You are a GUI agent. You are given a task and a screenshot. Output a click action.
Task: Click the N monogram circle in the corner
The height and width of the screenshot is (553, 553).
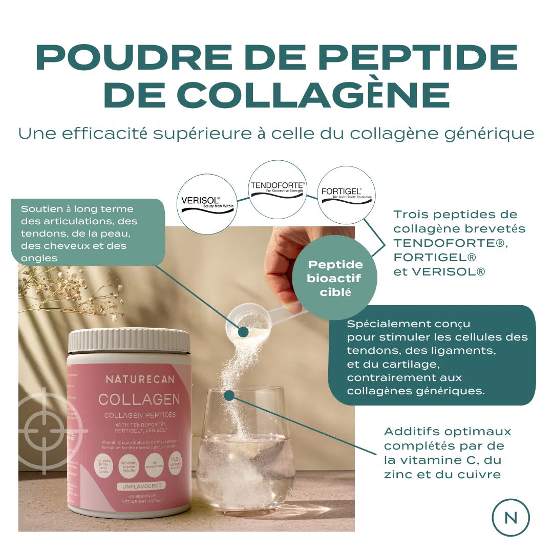(x=511, y=517)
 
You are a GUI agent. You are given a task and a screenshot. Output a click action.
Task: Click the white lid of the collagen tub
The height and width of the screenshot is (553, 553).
(x=129, y=341)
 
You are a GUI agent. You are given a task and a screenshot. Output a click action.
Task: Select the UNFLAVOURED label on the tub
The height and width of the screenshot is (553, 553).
(x=139, y=485)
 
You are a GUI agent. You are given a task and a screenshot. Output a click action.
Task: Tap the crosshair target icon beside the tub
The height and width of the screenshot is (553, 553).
(x=45, y=430)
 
